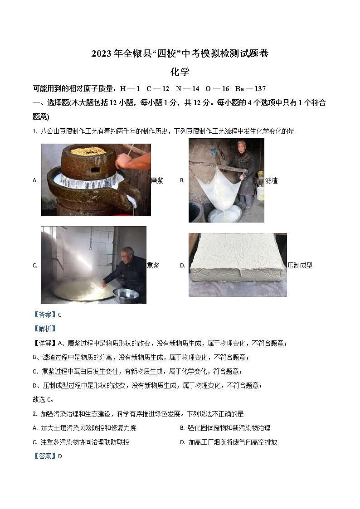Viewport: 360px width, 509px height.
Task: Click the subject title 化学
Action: tap(180, 72)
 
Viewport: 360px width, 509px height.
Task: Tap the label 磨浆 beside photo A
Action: tap(157, 180)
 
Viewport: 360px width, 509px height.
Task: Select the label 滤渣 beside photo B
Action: tap(271, 180)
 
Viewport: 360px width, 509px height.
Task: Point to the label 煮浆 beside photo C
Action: tap(153, 266)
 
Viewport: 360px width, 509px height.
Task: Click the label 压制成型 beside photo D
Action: tap(300, 266)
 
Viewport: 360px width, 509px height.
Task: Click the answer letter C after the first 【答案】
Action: tap(60, 315)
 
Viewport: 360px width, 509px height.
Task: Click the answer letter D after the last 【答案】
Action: tap(60, 456)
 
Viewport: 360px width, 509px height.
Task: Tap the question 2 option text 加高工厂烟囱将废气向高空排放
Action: tap(233, 442)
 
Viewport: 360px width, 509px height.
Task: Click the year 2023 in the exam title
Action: tap(101, 54)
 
